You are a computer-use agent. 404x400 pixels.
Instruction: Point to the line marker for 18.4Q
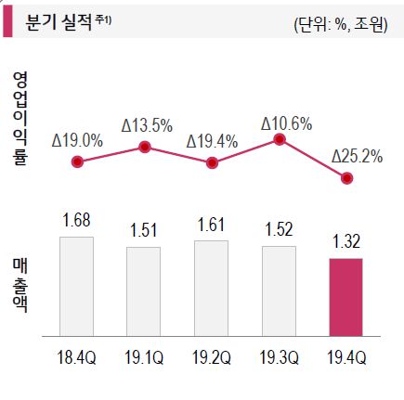(x=77, y=162)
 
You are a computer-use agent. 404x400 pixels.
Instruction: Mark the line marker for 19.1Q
(x=145, y=146)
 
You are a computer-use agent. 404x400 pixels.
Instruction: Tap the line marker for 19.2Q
(x=213, y=163)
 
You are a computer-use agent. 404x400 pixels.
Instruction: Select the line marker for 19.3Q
(x=280, y=140)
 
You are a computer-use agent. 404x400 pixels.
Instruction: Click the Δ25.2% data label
(x=357, y=156)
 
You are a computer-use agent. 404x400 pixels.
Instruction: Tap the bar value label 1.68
(x=76, y=221)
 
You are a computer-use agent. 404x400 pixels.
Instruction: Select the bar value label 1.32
(x=346, y=243)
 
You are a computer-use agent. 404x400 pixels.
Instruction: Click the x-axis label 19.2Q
(x=211, y=357)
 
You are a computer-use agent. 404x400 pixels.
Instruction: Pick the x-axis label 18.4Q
(x=76, y=357)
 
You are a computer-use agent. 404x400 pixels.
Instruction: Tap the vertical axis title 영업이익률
(x=20, y=117)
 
